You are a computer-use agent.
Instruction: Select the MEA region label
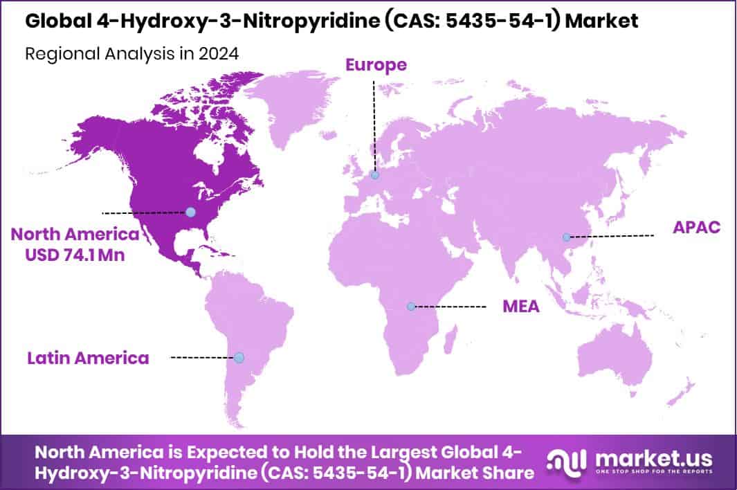tap(520, 306)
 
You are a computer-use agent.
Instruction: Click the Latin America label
tap(88, 358)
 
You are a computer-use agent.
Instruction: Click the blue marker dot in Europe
tap(374, 176)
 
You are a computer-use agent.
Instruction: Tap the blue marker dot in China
tap(567, 237)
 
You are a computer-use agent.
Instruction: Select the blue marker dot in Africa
tap(411, 306)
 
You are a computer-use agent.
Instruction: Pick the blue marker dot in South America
tap(239, 358)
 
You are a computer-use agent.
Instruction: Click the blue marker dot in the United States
tap(190, 212)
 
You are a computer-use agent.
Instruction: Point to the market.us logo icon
tap(567, 460)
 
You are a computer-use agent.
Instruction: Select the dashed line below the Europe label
tap(374, 125)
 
